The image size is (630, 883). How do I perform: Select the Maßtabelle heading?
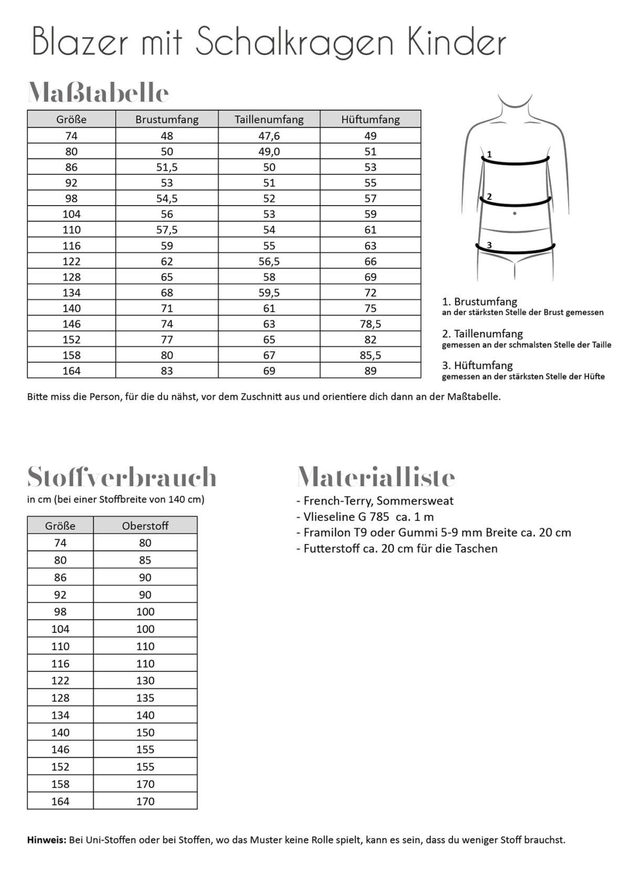coord(98,93)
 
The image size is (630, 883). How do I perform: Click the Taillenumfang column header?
coord(269,120)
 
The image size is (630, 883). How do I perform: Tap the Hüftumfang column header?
coord(370,120)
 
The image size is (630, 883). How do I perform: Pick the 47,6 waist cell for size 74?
coord(269,136)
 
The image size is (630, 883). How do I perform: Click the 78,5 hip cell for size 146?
coord(370,324)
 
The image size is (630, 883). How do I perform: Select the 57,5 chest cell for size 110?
coord(166,230)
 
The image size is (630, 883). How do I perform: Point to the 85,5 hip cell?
coord(370,355)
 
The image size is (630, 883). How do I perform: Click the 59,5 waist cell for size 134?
coord(269,293)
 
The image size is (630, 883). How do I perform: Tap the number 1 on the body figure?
coord(489,154)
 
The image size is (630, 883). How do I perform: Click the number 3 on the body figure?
coord(489,244)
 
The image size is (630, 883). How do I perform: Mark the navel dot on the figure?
coord(514,213)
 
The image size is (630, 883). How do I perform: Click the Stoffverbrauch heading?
coord(122,477)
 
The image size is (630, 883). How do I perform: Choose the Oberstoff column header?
coord(145,526)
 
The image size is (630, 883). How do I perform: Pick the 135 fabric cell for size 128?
coord(145,698)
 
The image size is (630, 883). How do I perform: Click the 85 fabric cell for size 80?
coord(145,560)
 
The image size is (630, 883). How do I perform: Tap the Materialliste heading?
coord(376,477)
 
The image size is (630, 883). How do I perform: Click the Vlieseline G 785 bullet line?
coord(365,517)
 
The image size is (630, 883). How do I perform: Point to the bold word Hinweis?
coord(46,840)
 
